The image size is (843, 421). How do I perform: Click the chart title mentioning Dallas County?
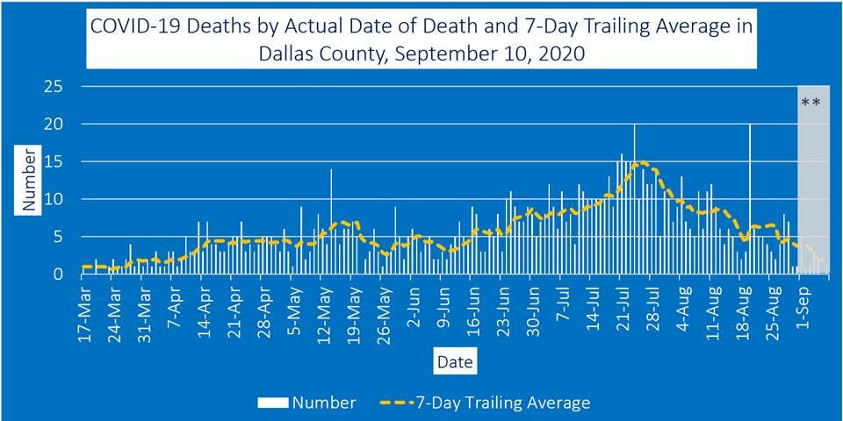pyautogui.click(x=421, y=39)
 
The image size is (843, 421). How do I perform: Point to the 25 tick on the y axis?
pyautogui.click(x=54, y=86)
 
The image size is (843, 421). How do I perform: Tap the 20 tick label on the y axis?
pyautogui.click(x=54, y=124)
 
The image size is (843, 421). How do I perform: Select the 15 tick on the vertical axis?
pyautogui.click(x=54, y=161)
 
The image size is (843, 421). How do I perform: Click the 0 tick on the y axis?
pyautogui.click(x=58, y=274)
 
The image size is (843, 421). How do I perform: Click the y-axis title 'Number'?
pyautogui.click(x=29, y=179)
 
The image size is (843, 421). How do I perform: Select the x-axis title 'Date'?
pyautogui.click(x=454, y=361)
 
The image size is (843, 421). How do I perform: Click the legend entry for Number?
pyautogui.click(x=307, y=403)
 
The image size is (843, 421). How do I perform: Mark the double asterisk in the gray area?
pyautogui.click(x=811, y=103)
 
